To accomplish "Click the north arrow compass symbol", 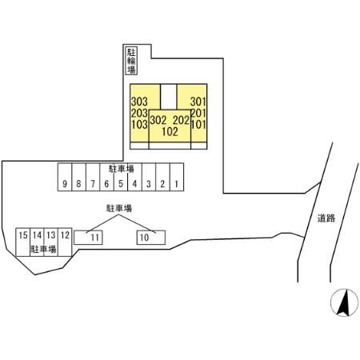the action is click(x=344, y=302).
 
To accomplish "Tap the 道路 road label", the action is click(x=326, y=218).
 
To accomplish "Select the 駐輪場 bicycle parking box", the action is click(x=131, y=61).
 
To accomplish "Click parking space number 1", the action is click(x=177, y=177).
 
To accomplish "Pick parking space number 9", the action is click(x=65, y=177).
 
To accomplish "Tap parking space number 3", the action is click(x=149, y=177).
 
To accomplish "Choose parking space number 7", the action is click(x=93, y=177).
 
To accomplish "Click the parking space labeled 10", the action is click(x=151, y=238).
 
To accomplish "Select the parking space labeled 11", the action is click(x=88, y=238).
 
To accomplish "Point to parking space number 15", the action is click(x=23, y=242).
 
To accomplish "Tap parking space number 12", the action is click(x=65, y=242).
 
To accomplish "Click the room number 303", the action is click(x=139, y=102).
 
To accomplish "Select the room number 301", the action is click(x=198, y=102).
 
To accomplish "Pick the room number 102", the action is click(x=170, y=132).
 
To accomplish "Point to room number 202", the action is click(x=181, y=120).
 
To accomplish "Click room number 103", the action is click(x=139, y=125).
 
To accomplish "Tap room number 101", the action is click(x=198, y=125).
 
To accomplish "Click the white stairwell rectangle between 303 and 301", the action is click(x=169, y=97).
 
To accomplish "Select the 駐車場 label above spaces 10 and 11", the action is click(x=119, y=208).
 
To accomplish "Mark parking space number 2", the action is click(x=162, y=177).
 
